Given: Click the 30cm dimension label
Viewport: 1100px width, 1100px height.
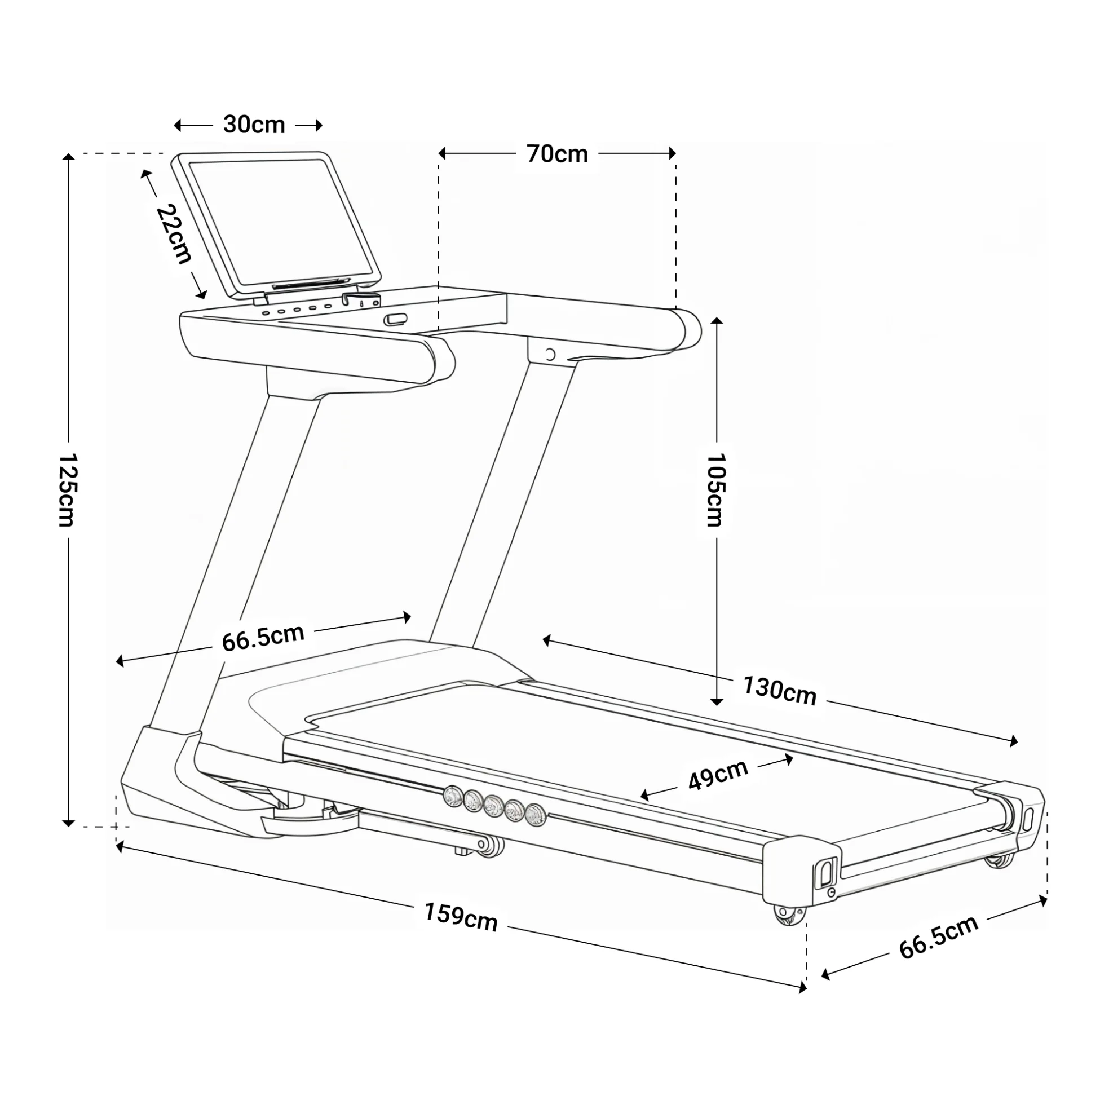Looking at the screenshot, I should (x=254, y=125).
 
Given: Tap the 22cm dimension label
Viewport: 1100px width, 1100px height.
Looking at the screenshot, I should (x=174, y=233).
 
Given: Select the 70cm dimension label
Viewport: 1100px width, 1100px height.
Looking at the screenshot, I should (x=557, y=154).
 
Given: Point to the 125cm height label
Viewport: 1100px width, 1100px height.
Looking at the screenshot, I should (x=68, y=489).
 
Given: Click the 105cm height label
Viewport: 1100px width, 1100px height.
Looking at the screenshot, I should (x=715, y=489).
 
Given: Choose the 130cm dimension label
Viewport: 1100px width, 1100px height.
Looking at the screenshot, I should (x=779, y=691).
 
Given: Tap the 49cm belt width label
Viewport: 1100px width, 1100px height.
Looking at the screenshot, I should (x=718, y=775).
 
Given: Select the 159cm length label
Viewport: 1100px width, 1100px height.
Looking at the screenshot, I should (x=461, y=917).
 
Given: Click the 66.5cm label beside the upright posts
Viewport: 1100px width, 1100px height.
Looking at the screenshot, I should (x=263, y=638).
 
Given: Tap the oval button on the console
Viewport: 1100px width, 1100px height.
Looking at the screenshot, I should (x=396, y=320).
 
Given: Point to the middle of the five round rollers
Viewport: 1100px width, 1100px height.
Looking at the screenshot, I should (x=493, y=805).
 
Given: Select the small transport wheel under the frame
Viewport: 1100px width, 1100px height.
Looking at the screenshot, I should (x=491, y=847).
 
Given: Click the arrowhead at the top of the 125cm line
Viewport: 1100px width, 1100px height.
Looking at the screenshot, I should (x=68, y=158).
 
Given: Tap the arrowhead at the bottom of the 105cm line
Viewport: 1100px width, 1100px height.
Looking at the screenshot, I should (x=717, y=701).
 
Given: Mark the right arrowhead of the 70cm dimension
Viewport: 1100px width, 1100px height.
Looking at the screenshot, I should (x=673, y=153).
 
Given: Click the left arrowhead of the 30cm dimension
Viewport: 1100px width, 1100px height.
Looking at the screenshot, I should (x=178, y=125).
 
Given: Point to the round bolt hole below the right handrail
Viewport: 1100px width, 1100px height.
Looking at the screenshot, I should (x=549, y=355).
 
